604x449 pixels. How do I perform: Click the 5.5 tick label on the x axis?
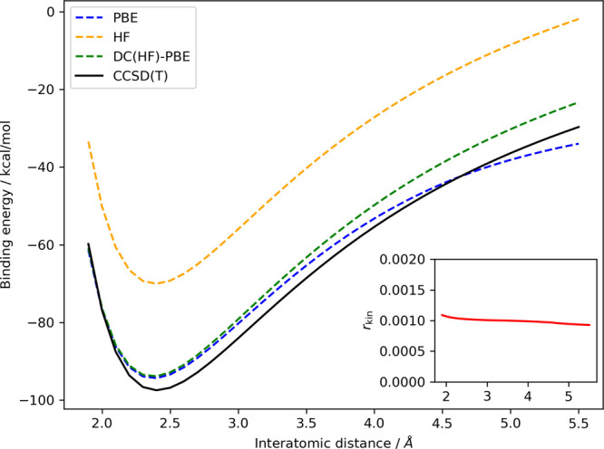(x=578, y=421)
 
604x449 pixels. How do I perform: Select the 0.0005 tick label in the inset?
(x=409, y=351)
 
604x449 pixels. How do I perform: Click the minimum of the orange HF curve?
(x=156, y=283)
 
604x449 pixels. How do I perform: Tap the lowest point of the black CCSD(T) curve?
(x=156, y=390)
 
